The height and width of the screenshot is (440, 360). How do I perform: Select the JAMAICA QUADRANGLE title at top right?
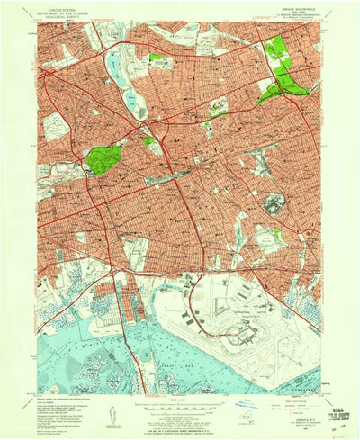click(x=285, y=7)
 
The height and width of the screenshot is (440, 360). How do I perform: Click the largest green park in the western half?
click(x=104, y=159)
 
